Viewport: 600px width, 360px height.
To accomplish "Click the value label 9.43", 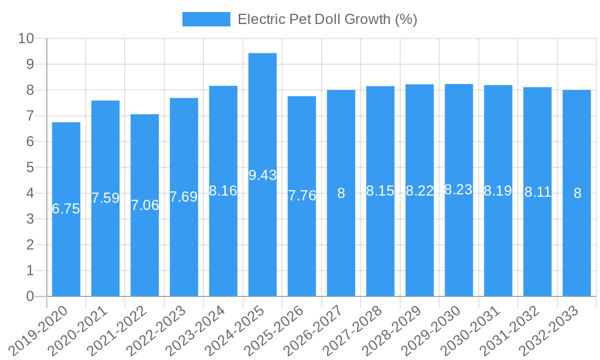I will click(262, 175).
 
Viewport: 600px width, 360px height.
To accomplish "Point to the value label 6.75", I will click(66, 209).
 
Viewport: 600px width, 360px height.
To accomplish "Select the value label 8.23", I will click(458, 190).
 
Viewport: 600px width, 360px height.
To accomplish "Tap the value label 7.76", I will click(302, 196).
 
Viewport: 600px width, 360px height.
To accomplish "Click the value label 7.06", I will click(145, 205).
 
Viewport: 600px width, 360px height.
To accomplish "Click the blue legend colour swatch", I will click(206, 19).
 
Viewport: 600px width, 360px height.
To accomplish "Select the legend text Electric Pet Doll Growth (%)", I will click(327, 19).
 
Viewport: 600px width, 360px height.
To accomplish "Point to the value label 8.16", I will click(223, 191).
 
